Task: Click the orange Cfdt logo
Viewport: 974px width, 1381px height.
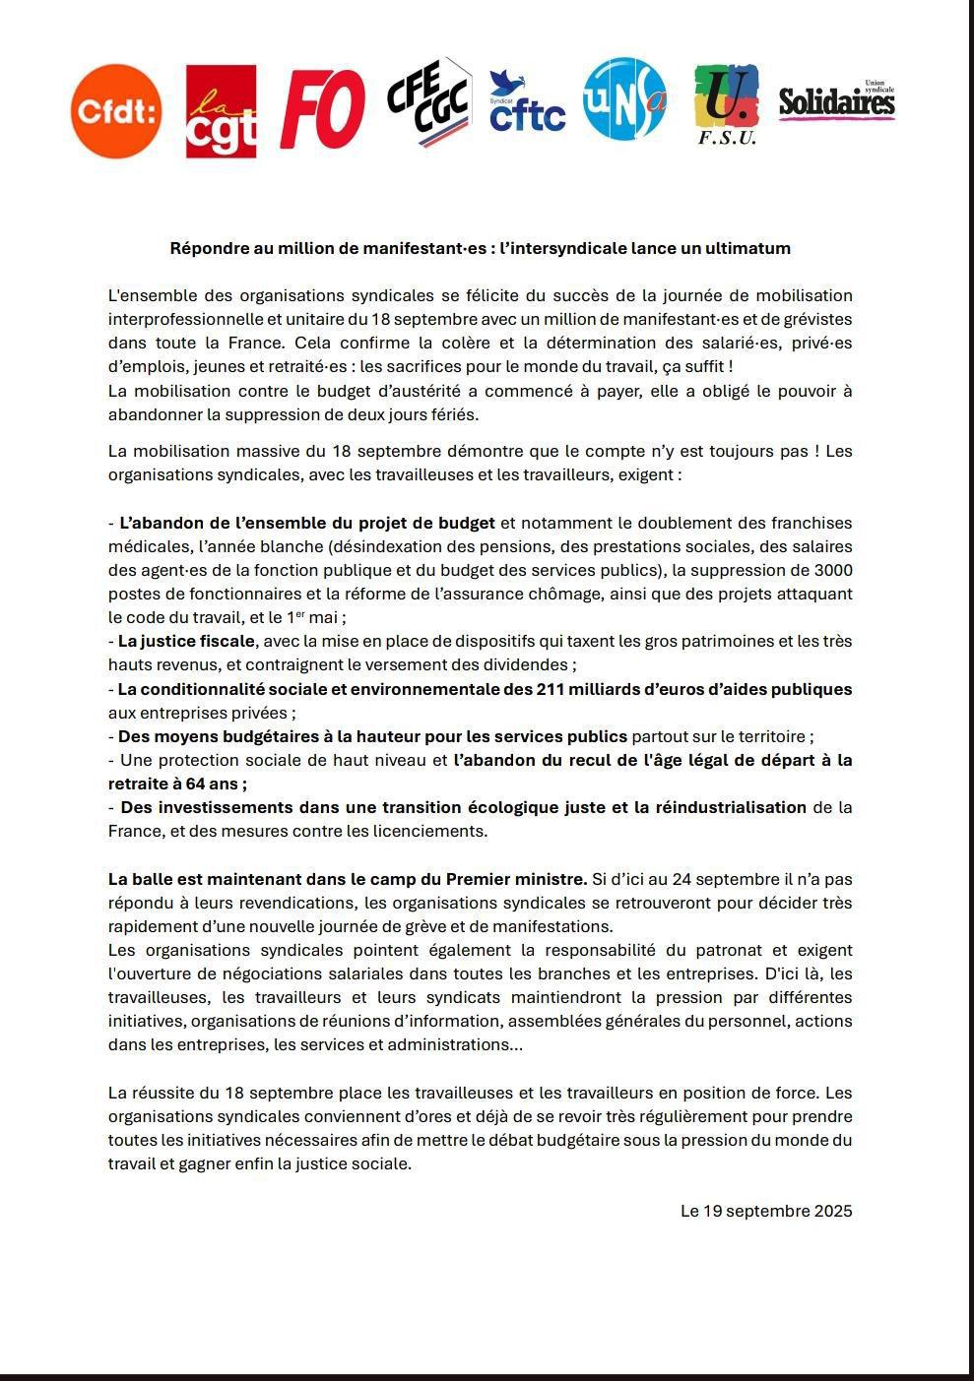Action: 116,111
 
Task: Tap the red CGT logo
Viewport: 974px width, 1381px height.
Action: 221,111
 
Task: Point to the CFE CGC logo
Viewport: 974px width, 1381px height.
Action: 427,102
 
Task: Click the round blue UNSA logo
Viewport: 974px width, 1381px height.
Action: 624,99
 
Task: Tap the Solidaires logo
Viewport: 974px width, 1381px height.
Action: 836,100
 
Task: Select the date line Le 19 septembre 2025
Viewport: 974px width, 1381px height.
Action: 766,1211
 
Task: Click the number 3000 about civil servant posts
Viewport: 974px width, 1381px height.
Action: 833,570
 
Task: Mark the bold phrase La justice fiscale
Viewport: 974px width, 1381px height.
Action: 186,641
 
